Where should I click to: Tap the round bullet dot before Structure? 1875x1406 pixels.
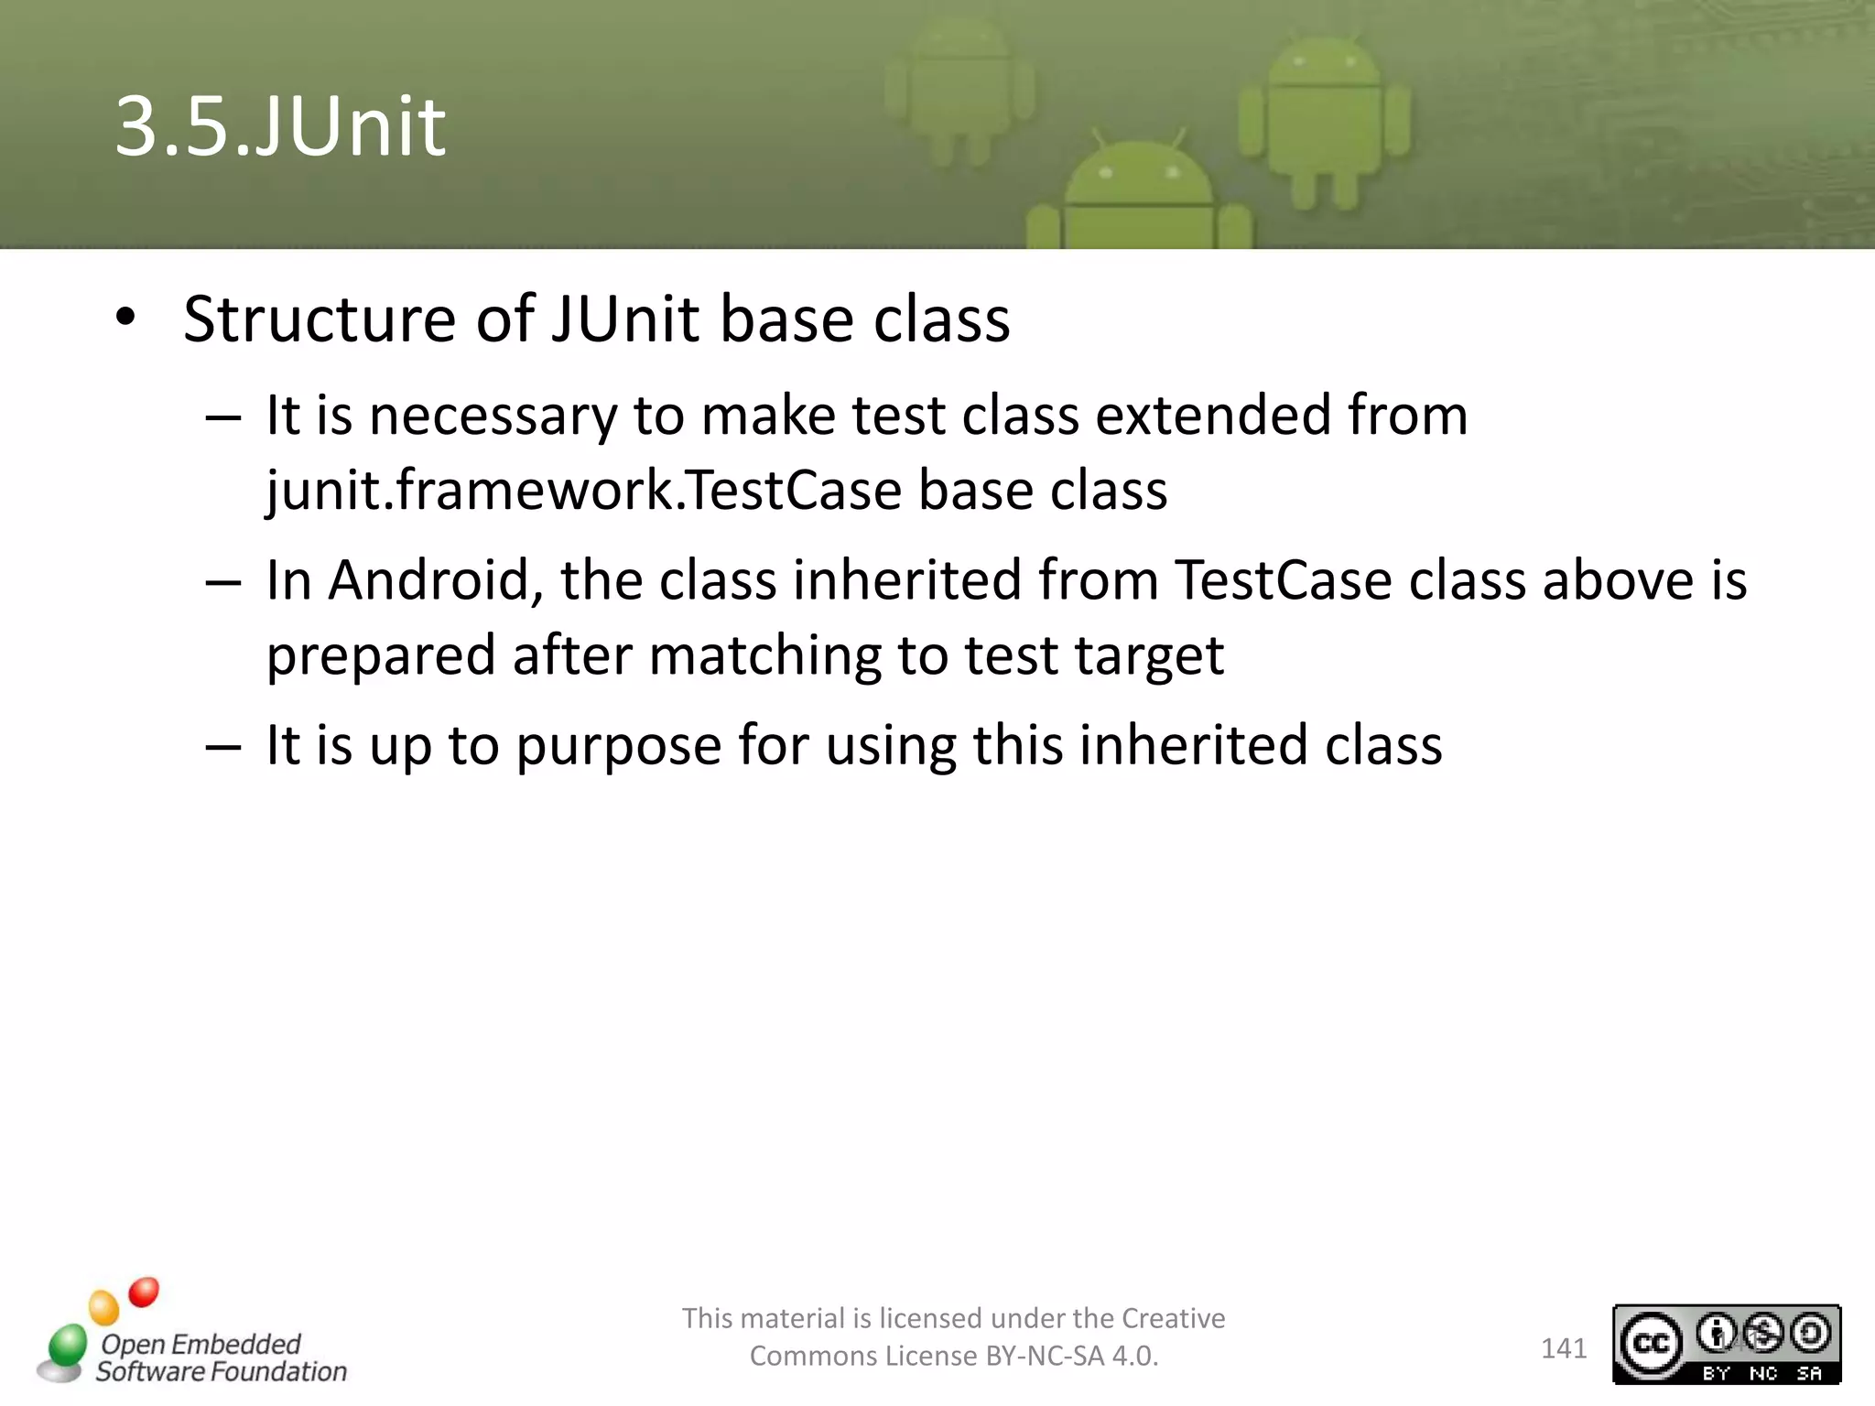pyautogui.click(x=126, y=318)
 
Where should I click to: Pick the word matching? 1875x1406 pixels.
pyautogui.click(x=764, y=656)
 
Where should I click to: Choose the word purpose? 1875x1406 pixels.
pyautogui.click(x=619, y=745)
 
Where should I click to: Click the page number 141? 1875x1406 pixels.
pyautogui.click(x=1563, y=1348)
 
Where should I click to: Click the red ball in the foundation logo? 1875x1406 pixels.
pyautogui.click(x=144, y=1292)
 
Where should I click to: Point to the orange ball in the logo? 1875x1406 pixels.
pyautogui.click(x=104, y=1307)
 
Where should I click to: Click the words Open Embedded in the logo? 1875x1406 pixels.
pyautogui.click(x=201, y=1344)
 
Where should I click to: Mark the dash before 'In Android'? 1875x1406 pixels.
pyautogui.click(x=223, y=582)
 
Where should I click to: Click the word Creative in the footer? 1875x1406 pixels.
pyautogui.click(x=1173, y=1318)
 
